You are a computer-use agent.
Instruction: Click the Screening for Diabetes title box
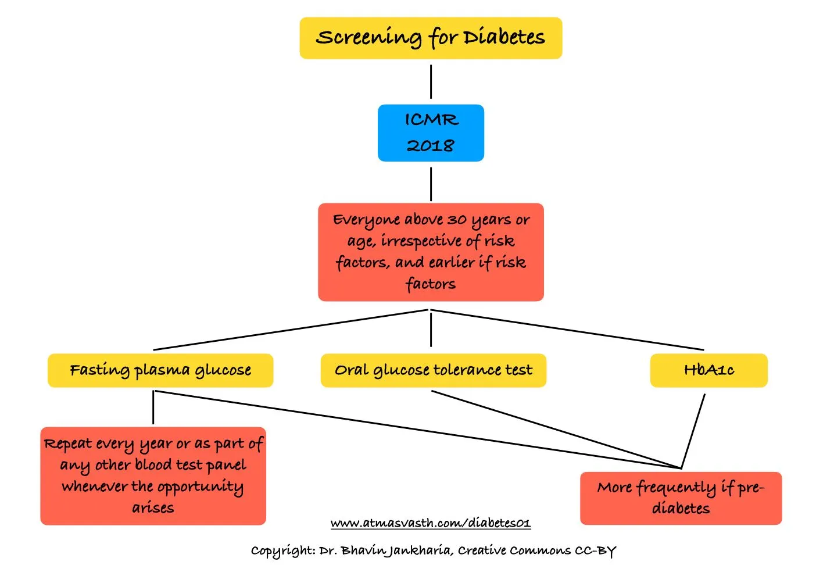(431, 38)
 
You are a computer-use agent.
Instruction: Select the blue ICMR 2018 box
(431, 133)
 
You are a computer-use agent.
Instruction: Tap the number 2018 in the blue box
(431, 145)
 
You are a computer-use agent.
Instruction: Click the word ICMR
(431, 120)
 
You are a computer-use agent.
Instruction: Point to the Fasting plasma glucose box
(160, 370)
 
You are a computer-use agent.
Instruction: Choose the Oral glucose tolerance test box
(433, 370)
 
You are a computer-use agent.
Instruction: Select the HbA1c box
(708, 370)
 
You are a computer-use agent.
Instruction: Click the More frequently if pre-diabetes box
(681, 498)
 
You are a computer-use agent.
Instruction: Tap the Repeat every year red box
(153, 476)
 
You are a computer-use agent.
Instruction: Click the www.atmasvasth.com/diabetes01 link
(431, 523)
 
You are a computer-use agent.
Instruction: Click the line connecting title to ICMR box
(431, 81)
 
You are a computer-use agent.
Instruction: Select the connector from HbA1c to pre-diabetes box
(693, 430)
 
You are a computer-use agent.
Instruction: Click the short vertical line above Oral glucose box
(431, 330)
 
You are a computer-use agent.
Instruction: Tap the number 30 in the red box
(457, 220)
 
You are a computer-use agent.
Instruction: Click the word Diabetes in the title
(504, 37)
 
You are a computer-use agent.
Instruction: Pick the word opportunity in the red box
(201, 487)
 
